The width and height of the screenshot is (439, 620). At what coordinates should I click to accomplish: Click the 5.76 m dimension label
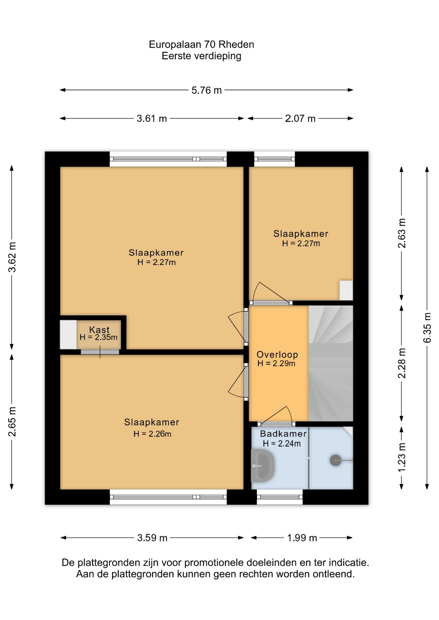207,90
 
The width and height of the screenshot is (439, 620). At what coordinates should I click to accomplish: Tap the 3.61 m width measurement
152,119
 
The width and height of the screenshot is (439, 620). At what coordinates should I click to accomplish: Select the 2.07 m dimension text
300,119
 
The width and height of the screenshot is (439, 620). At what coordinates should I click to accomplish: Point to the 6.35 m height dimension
427,327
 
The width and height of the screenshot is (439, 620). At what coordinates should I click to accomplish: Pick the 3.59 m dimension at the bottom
152,538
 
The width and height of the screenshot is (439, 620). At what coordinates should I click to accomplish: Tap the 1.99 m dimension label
302,538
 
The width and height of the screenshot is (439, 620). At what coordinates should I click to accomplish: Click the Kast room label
99,330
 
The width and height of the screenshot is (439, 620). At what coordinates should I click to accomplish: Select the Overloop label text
277,354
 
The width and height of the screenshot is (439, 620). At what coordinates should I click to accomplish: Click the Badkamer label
283,434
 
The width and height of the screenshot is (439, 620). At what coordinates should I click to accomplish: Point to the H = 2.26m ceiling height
152,434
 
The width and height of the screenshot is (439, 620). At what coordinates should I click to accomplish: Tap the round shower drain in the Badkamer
336,460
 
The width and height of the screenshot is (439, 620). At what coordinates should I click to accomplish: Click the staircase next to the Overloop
331,363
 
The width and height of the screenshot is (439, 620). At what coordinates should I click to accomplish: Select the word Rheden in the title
236,44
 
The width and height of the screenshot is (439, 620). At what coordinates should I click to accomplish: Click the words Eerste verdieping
201,56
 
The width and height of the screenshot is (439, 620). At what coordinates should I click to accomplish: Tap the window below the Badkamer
280,497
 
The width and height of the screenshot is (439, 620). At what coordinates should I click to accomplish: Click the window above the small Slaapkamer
274,159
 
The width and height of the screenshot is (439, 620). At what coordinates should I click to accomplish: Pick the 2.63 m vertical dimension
402,233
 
